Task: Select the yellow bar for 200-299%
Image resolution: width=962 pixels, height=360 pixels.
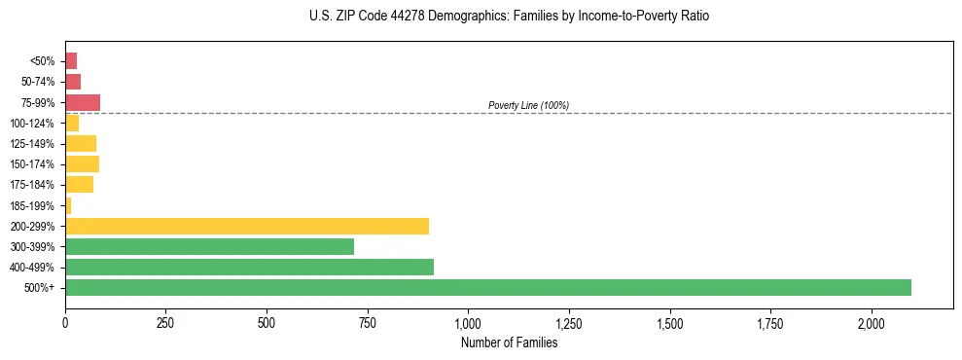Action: [x=247, y=226]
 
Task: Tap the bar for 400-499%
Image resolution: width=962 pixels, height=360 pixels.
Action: [x=249, y=267]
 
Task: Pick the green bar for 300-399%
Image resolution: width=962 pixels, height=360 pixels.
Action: [x=209, y=246]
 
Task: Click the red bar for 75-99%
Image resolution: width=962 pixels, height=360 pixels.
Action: [x=83, y=102]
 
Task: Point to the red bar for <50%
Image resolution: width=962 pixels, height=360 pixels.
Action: [x=71, y=61]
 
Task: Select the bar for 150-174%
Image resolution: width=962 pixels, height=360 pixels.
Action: [x=82, y=163]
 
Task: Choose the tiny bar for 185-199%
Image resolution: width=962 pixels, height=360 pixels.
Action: [x=68, y=205]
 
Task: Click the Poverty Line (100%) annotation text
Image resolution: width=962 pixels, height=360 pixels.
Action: [x=528, y=105]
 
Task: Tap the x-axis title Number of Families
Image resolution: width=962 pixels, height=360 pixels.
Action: [x=509, y=342]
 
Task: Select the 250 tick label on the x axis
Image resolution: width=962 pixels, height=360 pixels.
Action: [x=165, y=323]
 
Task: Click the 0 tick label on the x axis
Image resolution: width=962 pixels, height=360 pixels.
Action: [x=65, y=323]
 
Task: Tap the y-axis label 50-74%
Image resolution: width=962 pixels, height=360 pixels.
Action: [x=39, y=82]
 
